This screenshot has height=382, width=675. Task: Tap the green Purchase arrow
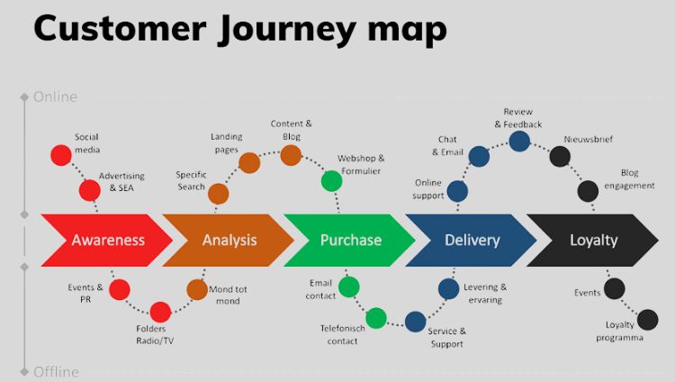(350, 241)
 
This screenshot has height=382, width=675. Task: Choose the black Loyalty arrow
(593, 241)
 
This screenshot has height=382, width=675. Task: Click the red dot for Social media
(60, 155)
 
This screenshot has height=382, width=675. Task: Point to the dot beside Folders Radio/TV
(160, 313)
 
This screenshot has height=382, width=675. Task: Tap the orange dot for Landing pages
(249, 163)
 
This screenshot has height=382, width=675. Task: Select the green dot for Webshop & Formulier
(332, 181)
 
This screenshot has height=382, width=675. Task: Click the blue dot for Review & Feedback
(519, 141)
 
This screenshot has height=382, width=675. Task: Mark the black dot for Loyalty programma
(647, 319)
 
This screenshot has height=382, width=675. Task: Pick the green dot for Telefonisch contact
(376, 317)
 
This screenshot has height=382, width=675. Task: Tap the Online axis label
(55, 96)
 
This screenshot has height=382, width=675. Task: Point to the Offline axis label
(55, 371)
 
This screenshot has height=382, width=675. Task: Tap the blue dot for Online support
(457, 191)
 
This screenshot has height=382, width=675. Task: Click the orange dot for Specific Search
(218, 194)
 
